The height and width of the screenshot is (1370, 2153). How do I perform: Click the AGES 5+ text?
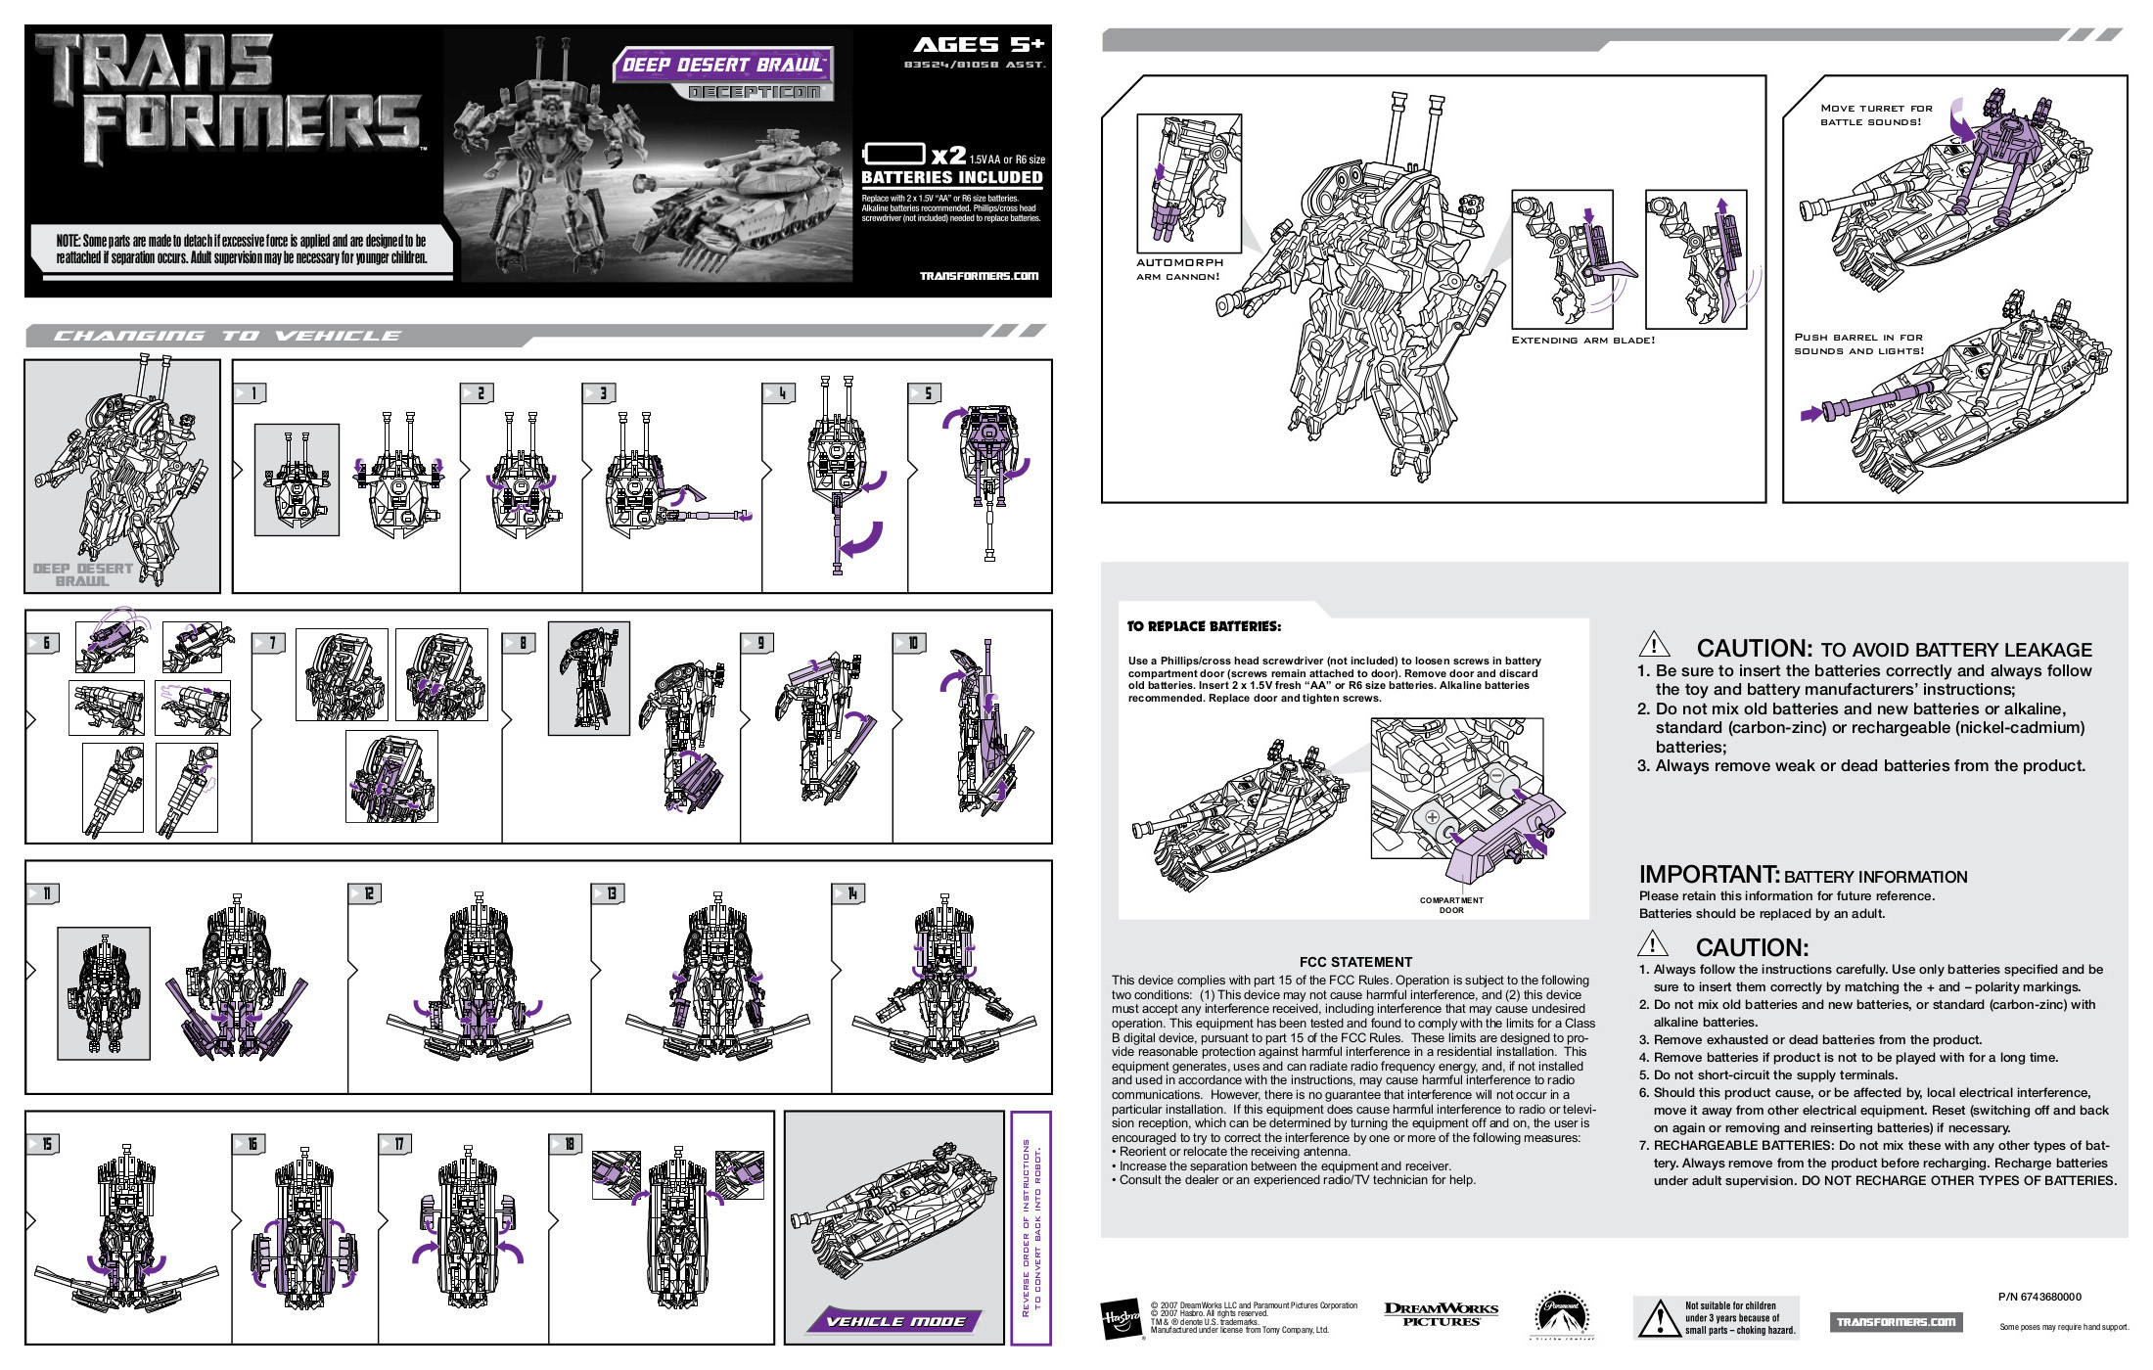tap(978, 45)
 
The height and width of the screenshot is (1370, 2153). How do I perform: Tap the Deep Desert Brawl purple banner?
tap(723, 65)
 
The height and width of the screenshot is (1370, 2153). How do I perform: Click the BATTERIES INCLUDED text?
tap(951, 177)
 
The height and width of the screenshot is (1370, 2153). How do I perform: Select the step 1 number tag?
tap(251, 393)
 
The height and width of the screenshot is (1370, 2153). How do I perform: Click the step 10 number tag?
tap(909, 643)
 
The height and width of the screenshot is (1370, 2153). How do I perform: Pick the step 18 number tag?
tap(567, 1144)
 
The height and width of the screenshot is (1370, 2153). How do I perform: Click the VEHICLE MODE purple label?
tap(895, 1321)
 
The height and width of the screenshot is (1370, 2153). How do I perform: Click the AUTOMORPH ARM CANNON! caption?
tap(1178, 269)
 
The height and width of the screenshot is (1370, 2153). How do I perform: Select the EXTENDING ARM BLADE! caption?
tap(1582, 341)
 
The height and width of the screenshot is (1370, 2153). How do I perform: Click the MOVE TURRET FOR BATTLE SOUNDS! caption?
tap(1875, 115)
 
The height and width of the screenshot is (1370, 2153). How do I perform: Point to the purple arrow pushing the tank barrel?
tap(1811, 414)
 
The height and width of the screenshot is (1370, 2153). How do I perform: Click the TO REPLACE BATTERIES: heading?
tap(1203, 626)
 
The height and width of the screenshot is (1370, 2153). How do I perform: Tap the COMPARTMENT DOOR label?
tap(1450, 905)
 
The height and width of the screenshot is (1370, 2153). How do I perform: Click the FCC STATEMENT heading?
tap(1355, 962)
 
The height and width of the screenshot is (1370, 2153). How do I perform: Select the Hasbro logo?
tap(1121, 1320)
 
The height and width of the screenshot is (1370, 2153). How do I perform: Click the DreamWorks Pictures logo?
tap(1441, 1314)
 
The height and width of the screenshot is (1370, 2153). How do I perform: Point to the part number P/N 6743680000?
tap(2039, 1297)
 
